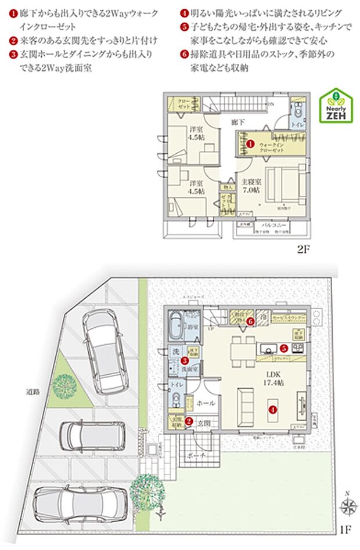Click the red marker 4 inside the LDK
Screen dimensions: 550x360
(272, 408)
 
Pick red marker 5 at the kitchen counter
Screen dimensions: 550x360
(284, 349)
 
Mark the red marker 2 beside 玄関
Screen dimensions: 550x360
(189, 422)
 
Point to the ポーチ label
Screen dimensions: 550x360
(197, 457)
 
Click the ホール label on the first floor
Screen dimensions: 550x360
(206, 403)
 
